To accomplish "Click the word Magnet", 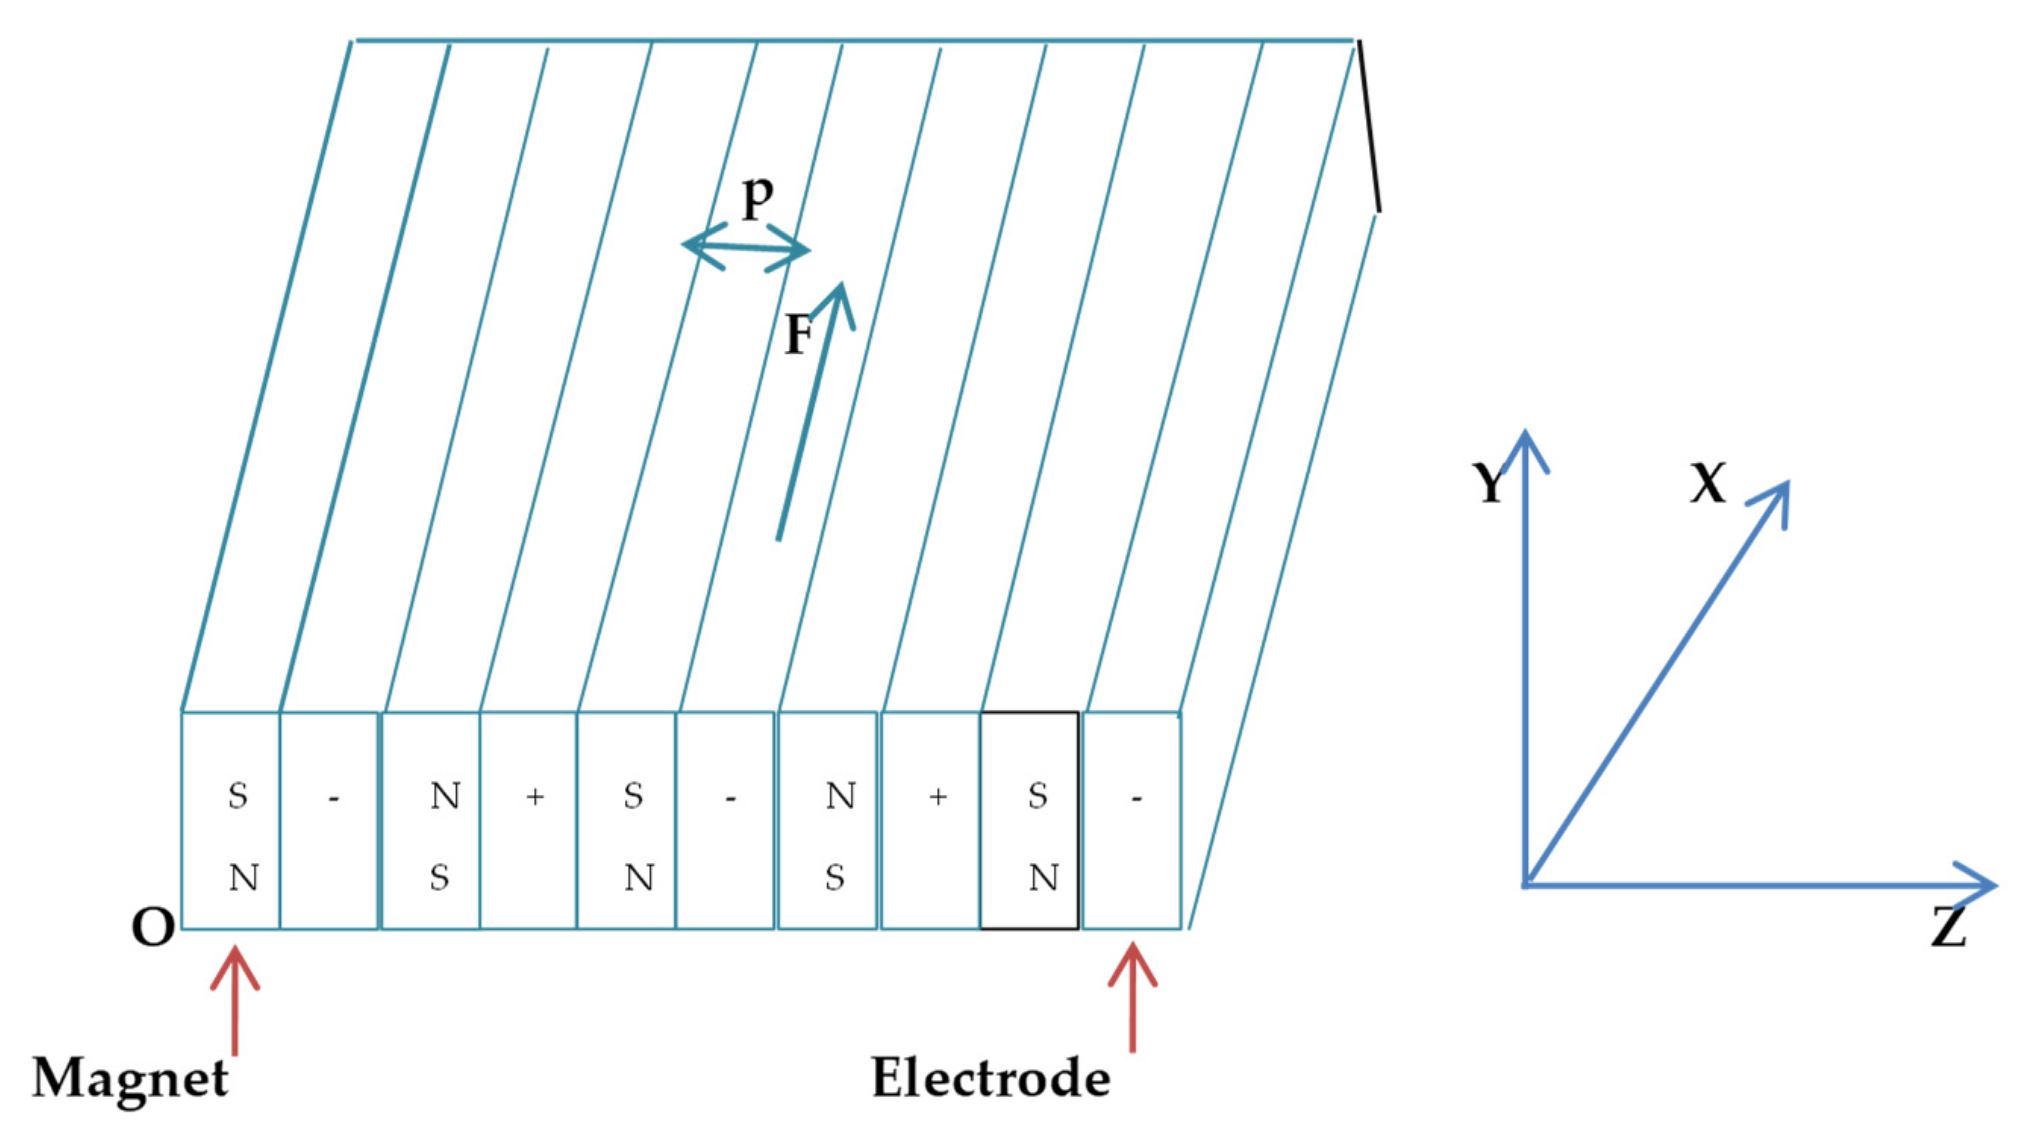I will tap(130, 1078).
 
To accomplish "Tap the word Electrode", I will tap(991, 1078).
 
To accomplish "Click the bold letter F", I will tap(798, 334).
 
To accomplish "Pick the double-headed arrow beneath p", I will tap(746, 249).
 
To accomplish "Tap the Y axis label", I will tap(1489, 483).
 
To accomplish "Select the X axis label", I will tap(1708, 482).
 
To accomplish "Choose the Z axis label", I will tap(1948, 928).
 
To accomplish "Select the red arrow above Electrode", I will tap(1133, 997).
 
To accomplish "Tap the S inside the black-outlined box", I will tap(1038, 796).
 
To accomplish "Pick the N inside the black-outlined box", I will tap(1043, 878).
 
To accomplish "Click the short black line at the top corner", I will tap(1368, 127).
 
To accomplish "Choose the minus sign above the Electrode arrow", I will tap(1136, 799).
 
